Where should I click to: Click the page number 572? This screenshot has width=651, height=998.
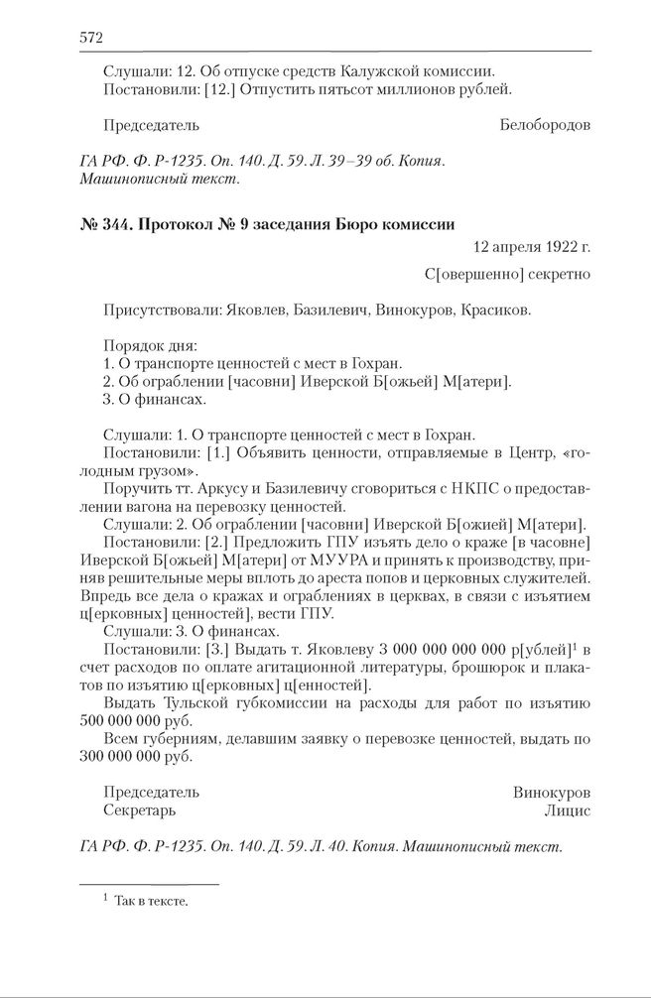coord(90,38)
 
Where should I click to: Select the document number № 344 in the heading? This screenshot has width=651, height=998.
coord(105,224)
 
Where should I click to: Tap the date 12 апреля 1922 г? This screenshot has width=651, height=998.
coord(528,246)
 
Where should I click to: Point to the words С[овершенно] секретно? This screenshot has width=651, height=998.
coord(506,273)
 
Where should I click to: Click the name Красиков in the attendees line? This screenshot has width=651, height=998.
coord(495,310)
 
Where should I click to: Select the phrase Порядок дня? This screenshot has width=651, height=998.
coord(150,346)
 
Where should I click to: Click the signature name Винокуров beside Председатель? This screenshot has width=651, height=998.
coord(551,793)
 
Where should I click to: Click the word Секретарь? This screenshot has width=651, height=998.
coord(140,811)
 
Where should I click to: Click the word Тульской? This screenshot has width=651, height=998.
coord(184,702)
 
